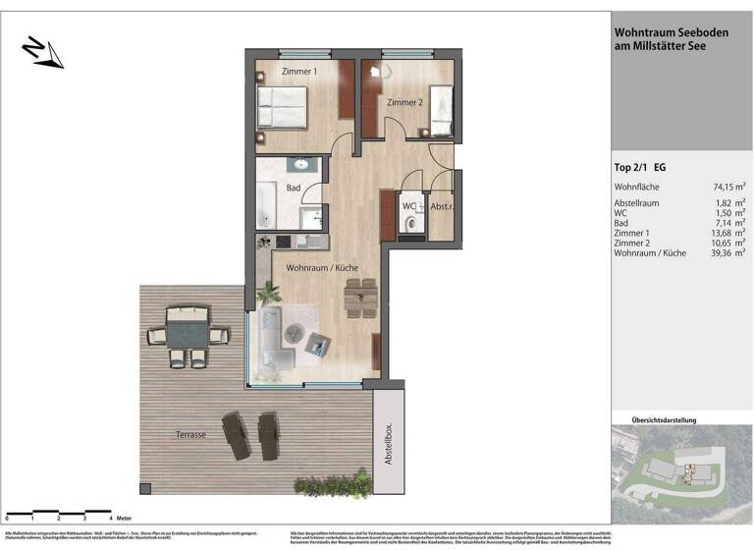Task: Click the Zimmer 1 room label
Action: [x=299, y=73]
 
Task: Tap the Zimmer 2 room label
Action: [x=404, y=103]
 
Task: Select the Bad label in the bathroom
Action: [x=293, y=188]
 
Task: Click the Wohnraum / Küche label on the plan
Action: [x=321, y=267]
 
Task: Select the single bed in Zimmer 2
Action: [x=440, y=111]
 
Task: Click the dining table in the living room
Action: [x=360, y=296]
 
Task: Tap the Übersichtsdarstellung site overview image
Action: [x=681, y=474]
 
